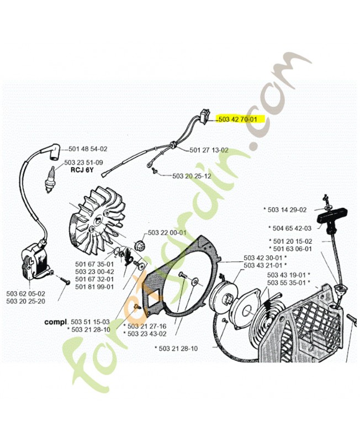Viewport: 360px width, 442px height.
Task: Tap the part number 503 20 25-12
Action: click(192, 176)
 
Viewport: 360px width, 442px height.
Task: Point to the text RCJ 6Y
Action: click(82, 170)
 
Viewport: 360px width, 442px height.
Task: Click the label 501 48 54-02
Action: click(88, 149)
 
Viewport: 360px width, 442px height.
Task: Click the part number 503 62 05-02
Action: click(25, 293)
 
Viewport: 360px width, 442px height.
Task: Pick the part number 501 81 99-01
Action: click(95, 286)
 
